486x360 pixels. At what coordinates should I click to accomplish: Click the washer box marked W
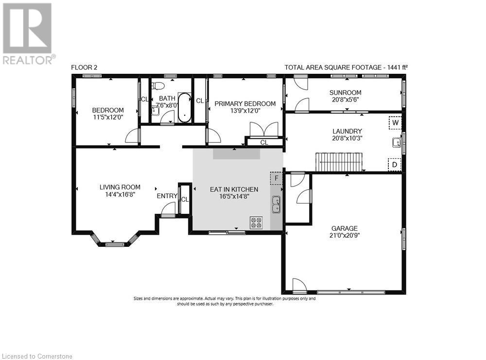(395, 123)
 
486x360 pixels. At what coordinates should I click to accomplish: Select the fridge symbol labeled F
(277, 178)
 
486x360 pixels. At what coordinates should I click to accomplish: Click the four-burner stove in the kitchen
(256, 223)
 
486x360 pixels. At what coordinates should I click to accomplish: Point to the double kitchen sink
(276, 205)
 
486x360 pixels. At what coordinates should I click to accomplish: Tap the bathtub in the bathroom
(185, 107)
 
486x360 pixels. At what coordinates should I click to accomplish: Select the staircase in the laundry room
(340, 162)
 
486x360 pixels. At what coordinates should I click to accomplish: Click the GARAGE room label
(345, 228)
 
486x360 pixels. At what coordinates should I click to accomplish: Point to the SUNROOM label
(345, 92)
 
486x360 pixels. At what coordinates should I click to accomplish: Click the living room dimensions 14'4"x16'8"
(120, 194)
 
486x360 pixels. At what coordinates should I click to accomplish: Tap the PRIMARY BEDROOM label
(245, 103)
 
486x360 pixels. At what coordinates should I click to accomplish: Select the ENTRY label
(167, 196)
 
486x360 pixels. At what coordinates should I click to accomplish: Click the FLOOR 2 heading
(84, 68)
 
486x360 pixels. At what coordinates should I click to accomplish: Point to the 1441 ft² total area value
(394, 68)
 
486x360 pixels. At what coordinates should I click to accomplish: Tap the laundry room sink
(397, 142)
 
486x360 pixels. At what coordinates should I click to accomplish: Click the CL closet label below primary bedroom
(264, 142)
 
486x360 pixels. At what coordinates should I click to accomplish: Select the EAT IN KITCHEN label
(234, 189)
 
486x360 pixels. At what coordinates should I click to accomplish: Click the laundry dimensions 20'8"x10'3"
(347, 138)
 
